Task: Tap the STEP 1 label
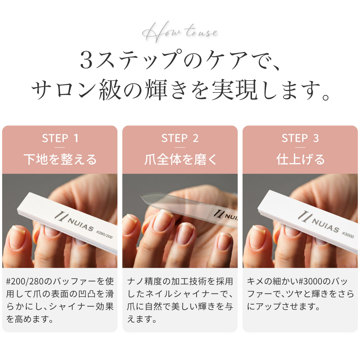(x=60, y=138)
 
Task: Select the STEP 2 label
(x=180, y=138)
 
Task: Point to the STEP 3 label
(x=300, y=138)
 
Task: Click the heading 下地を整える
(x=60, y=159)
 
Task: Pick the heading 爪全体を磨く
(x=180, y=159)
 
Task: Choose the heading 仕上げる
(x=300, y=159)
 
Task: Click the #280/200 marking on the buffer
(x=105, y=236)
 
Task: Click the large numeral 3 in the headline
(x=87, y=60)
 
